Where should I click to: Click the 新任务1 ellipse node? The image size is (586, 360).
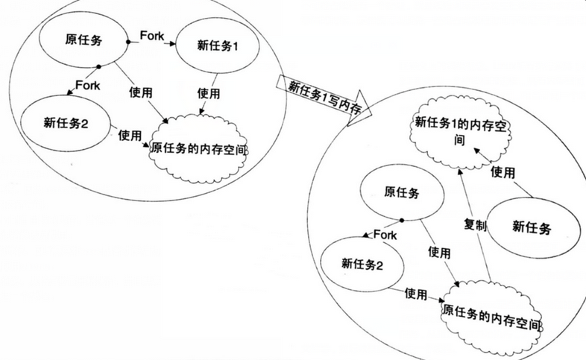tap(217, 46)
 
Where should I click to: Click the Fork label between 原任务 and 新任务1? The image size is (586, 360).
tap(152, 36)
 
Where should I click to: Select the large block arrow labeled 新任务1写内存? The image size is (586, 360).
tap(324, 98)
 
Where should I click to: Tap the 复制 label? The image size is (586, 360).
tap(475, 225)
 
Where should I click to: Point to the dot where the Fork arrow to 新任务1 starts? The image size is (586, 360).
tap(128, 42)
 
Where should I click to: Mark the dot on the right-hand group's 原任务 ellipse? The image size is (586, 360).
tap(402, 221)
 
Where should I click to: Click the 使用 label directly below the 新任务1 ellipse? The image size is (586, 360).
tap(209, 93)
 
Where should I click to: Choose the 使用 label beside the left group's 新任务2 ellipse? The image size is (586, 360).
tap(130, 135)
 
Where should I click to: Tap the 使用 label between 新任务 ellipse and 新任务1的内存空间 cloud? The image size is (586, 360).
tap(502, 172)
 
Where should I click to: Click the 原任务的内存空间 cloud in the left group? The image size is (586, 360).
tap(198, 149)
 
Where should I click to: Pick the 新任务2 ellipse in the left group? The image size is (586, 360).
tap(66, 123)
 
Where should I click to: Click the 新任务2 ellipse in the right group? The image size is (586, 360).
tap(362, 265)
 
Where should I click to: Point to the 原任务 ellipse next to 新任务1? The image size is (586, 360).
tap(83, 40)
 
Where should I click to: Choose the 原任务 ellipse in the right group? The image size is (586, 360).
tap(402, 192)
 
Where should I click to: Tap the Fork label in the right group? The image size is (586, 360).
tap(385, 235)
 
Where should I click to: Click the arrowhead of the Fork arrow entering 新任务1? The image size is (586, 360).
tap(172, 44)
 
